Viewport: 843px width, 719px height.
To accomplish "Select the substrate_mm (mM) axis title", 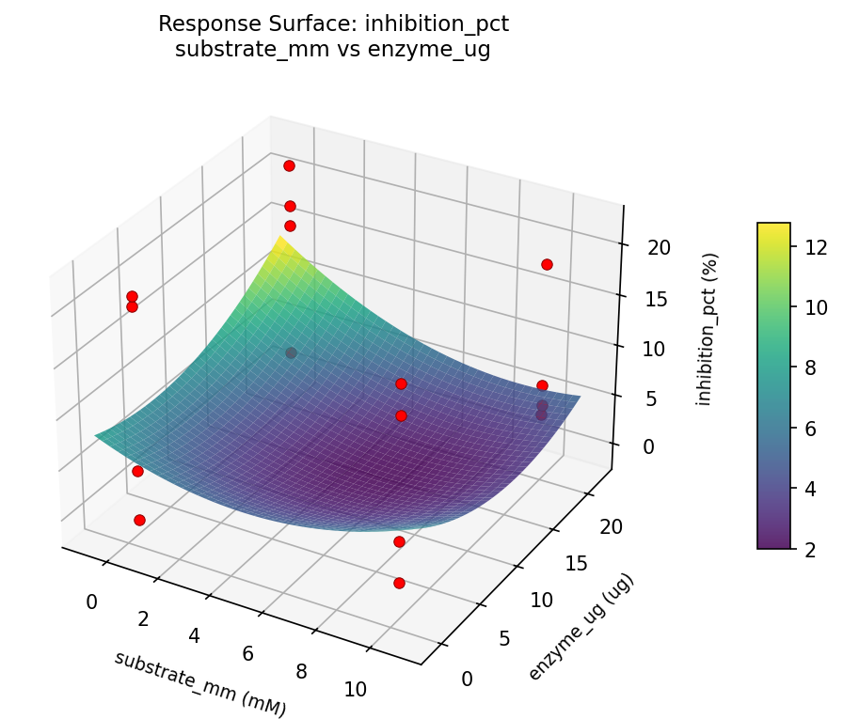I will click(x=199, y=683).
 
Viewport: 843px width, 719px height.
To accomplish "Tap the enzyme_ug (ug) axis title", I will click(x=581, y=627).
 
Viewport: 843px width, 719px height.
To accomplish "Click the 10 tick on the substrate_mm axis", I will click(x=356, y=689).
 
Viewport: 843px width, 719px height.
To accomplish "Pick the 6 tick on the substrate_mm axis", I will click(x=249, y=653).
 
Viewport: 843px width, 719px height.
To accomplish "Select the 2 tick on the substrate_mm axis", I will click(x=144, y=618).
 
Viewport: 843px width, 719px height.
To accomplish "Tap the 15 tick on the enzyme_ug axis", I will click(x=577, y=562).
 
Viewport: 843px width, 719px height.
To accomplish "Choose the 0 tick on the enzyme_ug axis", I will click(x=468, y=679).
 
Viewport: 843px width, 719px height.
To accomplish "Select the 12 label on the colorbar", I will click(x=816, y=247).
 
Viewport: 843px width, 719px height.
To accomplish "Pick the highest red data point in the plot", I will click(x=289, y=165).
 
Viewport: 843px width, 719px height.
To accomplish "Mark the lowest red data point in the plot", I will click(x=399, y=583).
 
